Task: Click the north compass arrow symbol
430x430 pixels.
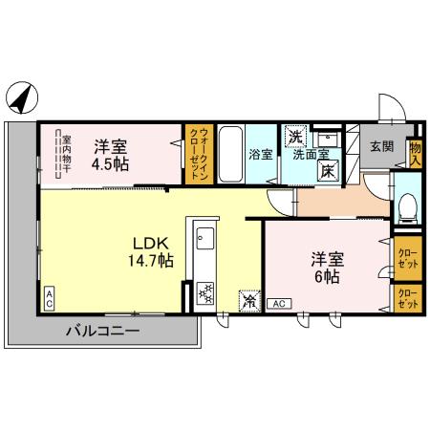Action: [x=21, y=96]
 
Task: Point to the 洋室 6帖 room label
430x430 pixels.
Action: [x=326, y=267]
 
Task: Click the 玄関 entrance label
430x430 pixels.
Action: [x=381, y=146]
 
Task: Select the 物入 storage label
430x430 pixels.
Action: [x=416, y=154]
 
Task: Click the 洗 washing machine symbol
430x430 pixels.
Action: [x=295, y=135]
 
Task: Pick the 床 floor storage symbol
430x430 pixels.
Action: [x=327, y=172]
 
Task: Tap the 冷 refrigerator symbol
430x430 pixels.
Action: [x=249, y=299]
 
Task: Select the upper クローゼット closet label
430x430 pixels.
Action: [x=405, y=257]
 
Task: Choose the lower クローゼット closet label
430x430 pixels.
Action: [x=405, y=297]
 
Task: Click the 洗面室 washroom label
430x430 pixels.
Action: [x=312, y=153]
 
